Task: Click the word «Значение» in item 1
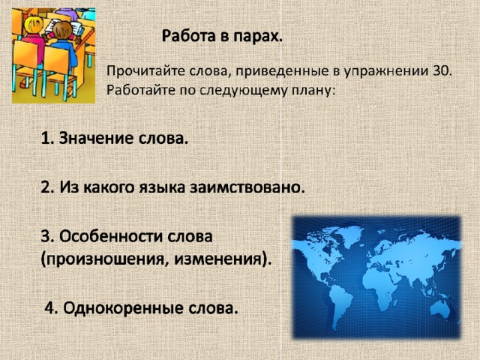[96, 138]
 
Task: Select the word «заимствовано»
[247, 187]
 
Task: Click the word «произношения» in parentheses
[104, 260]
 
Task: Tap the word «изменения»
[221, 259]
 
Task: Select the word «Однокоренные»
[122, 308]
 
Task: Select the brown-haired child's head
[62, 30]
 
